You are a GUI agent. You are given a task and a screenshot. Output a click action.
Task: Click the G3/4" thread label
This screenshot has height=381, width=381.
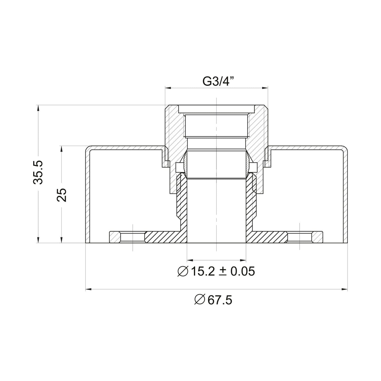(x=218, y=81)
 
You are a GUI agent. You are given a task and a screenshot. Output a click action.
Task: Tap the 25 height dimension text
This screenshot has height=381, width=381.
(x=62, y=195)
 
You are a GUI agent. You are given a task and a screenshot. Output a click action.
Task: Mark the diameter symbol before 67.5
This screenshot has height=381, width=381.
(x=200, y=300)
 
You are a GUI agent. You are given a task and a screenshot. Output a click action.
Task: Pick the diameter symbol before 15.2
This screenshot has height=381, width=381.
(x=182, y=271)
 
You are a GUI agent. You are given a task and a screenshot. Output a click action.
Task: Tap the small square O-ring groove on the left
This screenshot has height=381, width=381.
(x=179, y=167)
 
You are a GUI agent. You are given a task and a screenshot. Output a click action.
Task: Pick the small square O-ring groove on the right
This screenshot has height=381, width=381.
(x=254, y=167)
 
